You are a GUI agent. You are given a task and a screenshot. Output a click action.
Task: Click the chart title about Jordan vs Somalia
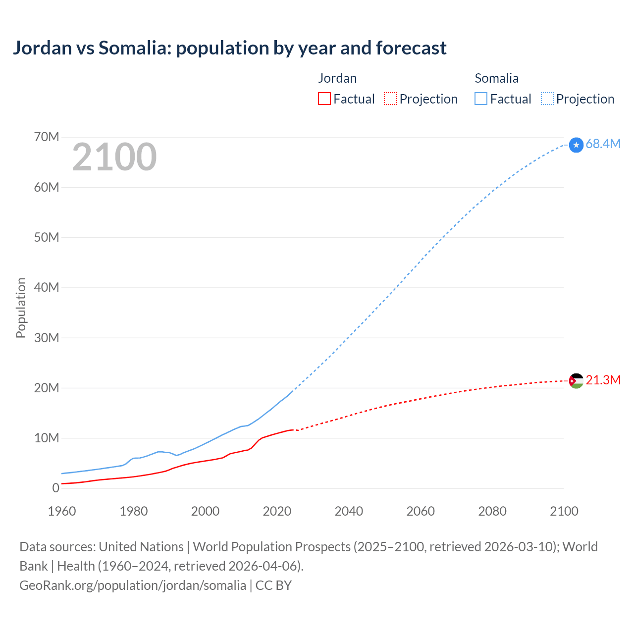point(229,48)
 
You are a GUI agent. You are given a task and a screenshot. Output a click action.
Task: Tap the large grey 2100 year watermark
point(114,157)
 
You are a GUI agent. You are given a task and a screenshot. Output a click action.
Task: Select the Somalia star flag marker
point(576,145)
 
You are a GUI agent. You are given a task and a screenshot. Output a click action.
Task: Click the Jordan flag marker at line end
point(576,380)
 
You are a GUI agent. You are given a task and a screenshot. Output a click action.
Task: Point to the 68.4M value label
point(603,144)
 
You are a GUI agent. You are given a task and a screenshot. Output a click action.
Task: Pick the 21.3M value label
point(603,380)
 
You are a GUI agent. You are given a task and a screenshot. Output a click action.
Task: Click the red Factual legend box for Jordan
point(324,99)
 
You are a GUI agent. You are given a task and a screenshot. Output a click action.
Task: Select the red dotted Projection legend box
point(390,99)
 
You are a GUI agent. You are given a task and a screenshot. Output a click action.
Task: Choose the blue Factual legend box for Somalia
point(481,99)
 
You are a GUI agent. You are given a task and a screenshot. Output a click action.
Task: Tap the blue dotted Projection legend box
point(547,99)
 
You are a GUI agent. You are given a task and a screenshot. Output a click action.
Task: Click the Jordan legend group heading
point(337,78)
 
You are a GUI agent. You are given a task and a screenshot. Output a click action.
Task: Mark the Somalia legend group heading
point(496,78)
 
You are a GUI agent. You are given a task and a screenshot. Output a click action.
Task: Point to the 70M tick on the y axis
point(47,137)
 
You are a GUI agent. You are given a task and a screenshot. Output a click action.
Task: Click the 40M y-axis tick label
point(47,287)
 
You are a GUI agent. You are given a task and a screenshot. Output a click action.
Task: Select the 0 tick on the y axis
point(55,488)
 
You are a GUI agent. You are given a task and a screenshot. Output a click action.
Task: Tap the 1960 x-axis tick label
point(62,511)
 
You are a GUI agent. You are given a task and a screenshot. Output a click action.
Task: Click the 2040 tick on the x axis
point(349,511)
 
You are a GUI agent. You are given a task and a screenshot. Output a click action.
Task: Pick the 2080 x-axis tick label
point(492,511)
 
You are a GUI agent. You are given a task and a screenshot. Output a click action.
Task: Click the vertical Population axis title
point(21,308)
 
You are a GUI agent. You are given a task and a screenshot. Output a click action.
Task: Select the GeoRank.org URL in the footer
point(133,585)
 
